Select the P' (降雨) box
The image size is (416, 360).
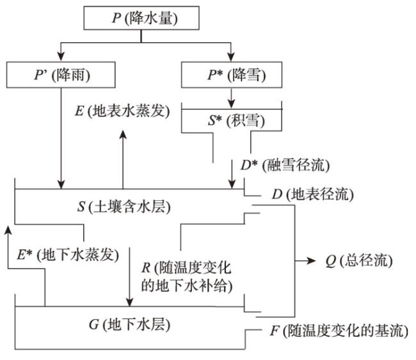click(61, 75)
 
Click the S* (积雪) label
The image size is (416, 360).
click(230, 120)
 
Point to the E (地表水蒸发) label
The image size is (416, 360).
click(121, 110)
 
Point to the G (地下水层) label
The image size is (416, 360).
click(128, 324)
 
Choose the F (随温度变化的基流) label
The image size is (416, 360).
click(335, 331)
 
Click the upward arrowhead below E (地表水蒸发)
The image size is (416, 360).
click(123, 134)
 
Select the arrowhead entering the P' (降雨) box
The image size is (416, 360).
click(61, 57)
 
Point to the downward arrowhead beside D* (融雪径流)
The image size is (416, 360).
click(232, 184)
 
